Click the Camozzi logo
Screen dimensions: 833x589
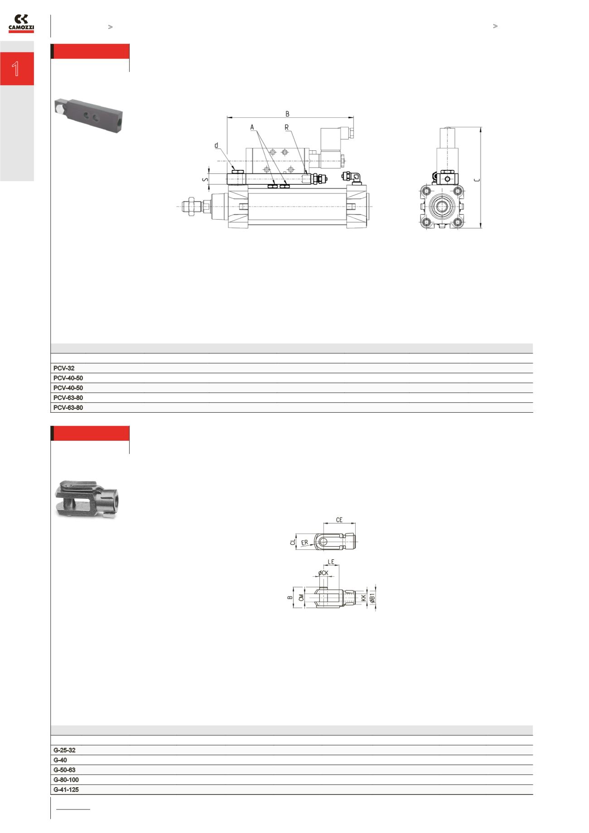tap(21, 24)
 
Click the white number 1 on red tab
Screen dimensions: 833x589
tap(16, 69)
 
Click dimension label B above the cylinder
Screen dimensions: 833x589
tap(287, 114)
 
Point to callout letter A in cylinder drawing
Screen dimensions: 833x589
tap(252, 128)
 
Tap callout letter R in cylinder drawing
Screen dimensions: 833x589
tap(286, 128)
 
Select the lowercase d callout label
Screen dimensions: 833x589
tap(217, 146)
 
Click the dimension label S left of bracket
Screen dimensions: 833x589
tap(205, 179)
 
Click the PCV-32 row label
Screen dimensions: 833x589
tap(63, 368)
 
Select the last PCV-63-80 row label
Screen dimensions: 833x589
tap(68, 408)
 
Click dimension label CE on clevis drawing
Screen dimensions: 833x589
tap(339, 520)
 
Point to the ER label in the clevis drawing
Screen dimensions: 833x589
tap(304, 542)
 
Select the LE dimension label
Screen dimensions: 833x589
tap(331, 562)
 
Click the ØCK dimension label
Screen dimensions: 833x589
tap(323, 573)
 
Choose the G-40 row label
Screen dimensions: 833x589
tap(60, 760)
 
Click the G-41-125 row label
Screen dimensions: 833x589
tap(66, 790)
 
